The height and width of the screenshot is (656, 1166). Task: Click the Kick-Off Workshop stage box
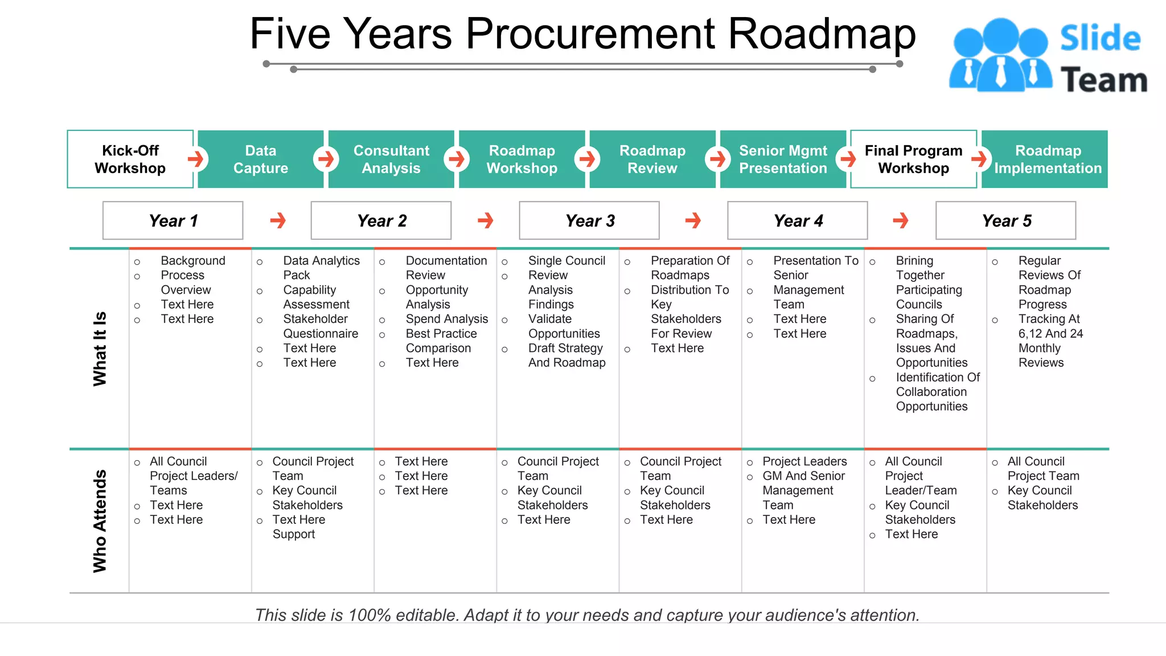coord(130,159)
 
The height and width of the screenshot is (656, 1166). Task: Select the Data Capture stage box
coord(261,159)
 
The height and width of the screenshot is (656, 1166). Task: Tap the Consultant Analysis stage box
coord(391,159)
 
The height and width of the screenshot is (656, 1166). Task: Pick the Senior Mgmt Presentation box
coord(783,159)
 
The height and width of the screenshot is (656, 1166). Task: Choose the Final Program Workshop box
coord(913,159)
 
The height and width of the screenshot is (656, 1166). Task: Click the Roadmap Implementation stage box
coord(1048,159)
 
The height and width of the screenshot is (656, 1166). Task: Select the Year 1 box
coord(173,220)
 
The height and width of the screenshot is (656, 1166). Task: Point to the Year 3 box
coord(589,220)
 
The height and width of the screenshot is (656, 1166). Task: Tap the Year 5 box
coord(1006,220)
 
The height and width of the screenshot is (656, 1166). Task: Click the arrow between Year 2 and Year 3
coord(486,220)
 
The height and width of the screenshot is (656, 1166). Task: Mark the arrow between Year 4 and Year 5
coord(901,220)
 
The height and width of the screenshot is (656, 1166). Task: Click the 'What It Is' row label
coord(100,348)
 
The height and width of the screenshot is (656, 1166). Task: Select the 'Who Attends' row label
coord(100,520)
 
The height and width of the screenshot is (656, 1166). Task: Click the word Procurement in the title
coord(590,34)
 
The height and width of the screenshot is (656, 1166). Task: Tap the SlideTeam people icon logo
coord(1000,55)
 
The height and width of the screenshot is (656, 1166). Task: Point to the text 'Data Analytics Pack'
coord(321,268)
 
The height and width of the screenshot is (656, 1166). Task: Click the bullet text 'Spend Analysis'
coord(447,319)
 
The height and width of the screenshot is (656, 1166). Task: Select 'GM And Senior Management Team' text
coord(803,490)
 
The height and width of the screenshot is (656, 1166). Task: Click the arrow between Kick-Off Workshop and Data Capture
coord(196,159)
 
